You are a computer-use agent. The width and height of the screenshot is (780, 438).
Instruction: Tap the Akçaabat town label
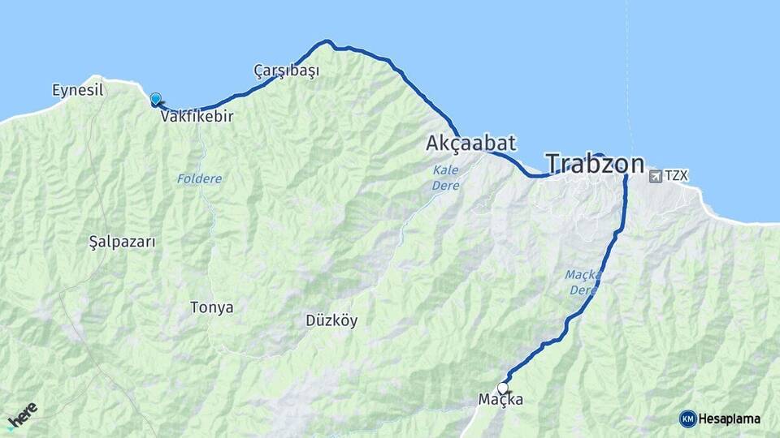[470, 144]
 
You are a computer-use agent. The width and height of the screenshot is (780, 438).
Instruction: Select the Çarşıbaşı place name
[286, 71]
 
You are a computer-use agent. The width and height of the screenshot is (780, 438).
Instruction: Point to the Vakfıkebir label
[197, 117]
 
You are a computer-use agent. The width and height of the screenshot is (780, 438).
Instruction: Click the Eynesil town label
[78, 90]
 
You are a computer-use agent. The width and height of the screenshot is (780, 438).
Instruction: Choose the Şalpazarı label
[122, 242]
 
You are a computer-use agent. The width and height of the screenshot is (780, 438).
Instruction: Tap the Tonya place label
[211, 307]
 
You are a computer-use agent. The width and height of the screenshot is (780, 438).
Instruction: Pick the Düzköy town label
[331, 320]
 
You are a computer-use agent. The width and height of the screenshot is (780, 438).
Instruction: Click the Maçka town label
[500, 400]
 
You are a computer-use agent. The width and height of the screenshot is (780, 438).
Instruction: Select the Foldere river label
[199, 178]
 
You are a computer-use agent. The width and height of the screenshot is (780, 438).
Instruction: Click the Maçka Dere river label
[583, 282]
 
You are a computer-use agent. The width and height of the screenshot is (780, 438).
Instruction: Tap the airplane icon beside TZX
[655, 176]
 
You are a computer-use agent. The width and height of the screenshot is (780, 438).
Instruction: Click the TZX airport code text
[676, 176]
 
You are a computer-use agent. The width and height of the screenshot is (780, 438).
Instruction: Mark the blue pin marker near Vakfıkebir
[155, 99]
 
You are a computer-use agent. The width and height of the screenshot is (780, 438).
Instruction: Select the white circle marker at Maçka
[502, 388]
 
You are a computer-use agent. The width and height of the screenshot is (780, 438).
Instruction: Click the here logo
[22, 415]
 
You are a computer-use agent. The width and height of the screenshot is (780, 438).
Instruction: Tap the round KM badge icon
[687, 419]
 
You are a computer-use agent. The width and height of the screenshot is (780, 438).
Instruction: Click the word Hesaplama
[729, 419]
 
